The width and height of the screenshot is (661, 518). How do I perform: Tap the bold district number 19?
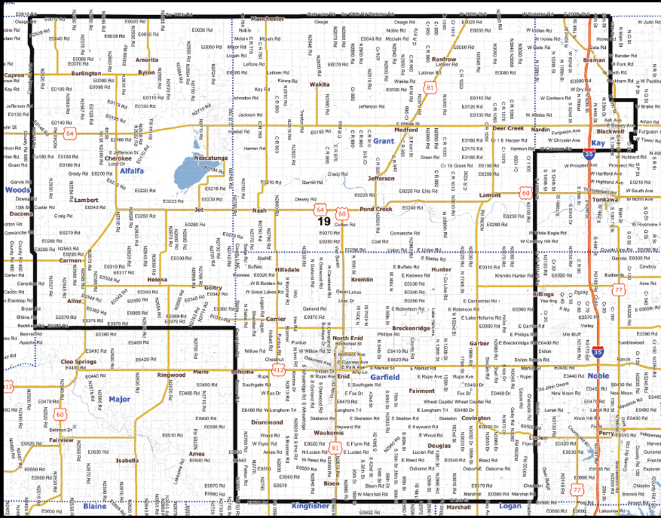pyautogui.click(x=324, y=222)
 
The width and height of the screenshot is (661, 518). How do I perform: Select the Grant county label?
pyautogui.click(x=383, y=141)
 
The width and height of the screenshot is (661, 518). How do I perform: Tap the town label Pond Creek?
pyautogui.click(x=375, y=209)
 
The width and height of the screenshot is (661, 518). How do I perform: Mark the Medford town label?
pyautogui.click(x=406, y=129)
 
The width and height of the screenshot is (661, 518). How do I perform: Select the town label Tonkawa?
pyautogui.click(x=605, y=200)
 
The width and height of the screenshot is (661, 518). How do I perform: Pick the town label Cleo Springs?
pyautogui.click(x=77, y=361)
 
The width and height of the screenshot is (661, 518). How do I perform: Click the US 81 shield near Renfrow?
pyautogui.click(x=430, y=88)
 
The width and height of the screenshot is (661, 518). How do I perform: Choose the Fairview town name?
pyautogui.click(x=61, y=439)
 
